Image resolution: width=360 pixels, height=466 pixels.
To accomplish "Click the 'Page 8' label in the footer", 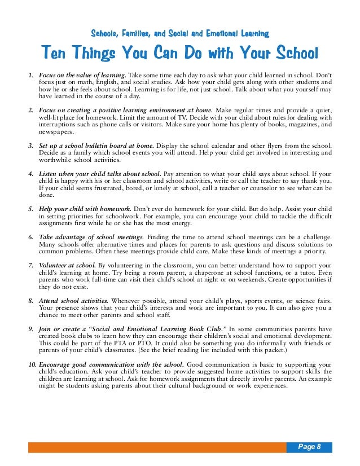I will [310, 447].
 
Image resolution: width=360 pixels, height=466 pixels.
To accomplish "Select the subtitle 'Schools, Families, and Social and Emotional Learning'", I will [179, 33].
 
